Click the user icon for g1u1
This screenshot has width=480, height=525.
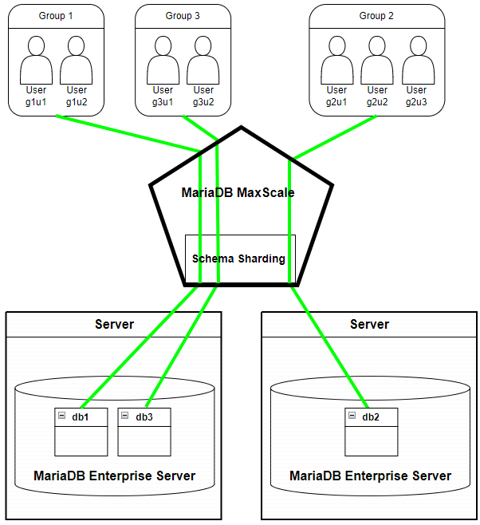tap(37, 59)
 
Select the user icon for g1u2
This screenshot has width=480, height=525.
tap(77, 59)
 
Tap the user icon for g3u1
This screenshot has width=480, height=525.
tap(163, 59)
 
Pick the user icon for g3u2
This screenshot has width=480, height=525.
tap(203, 59)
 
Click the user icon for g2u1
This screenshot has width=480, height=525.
tap(336, 59)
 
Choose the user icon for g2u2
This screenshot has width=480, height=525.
tap(377, 59)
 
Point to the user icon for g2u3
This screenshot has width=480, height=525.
tap(417, 59)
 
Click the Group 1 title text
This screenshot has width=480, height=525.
tap(56, 16)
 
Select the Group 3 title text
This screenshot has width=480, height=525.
tap(183, 16)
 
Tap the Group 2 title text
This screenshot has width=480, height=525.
tap(376, 16)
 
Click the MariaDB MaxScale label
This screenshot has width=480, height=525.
tap(238, 192)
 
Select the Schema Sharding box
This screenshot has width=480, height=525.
tap(240, 259)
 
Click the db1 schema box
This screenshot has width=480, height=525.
tap(81, 432)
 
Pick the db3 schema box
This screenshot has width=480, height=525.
tap(144, 432)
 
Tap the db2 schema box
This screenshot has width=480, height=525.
tap(371, 432)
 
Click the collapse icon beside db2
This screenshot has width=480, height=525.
tap(352, 416)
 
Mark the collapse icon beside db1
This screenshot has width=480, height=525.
tap(61, 416)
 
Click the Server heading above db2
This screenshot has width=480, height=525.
tap(369, 324)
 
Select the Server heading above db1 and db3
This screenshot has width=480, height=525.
tap(114, 324)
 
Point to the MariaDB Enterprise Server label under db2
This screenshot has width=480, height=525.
tap(370, 476)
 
